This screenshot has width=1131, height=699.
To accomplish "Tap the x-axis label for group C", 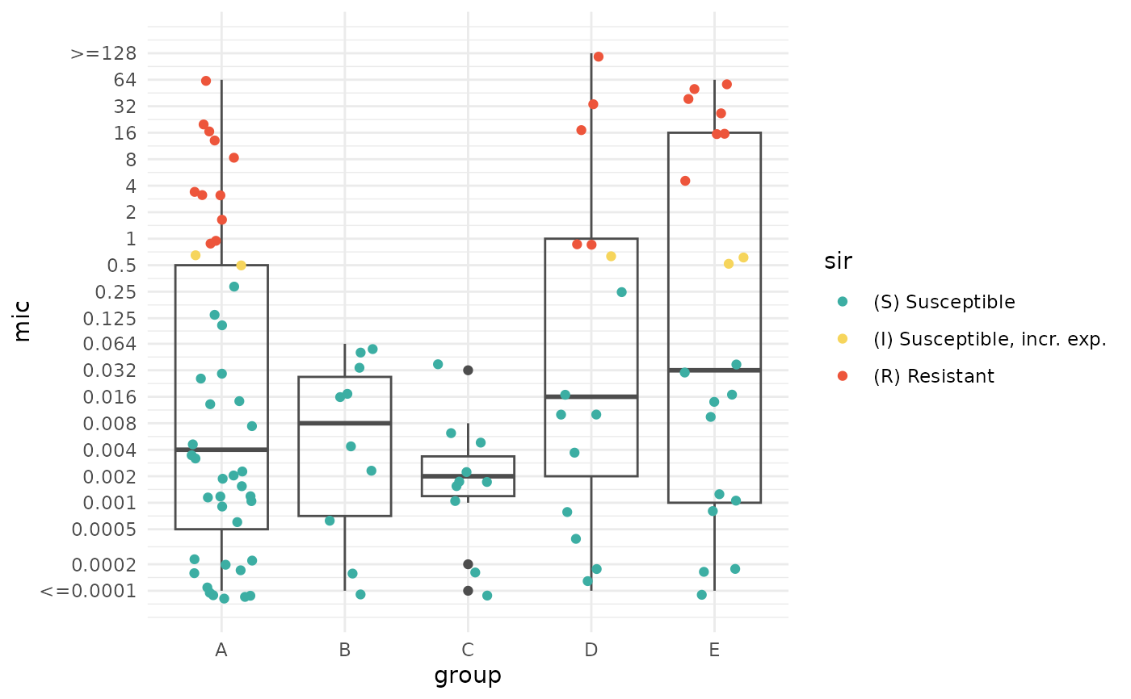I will tap(468, 650).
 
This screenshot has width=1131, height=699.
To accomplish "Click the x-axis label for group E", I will tap(714, 650).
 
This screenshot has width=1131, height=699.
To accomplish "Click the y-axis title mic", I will tap(23, 320).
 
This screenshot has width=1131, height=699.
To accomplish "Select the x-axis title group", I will tap(468, 676).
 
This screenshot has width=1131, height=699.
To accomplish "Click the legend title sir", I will tap(838, 261).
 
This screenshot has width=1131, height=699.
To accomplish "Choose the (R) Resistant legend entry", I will tap(933, 376).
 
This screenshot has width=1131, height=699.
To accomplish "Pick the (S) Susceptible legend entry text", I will tap(944, 302).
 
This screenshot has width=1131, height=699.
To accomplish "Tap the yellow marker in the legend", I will tap(843, 339).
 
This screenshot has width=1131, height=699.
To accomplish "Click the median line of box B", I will tap(345, 423).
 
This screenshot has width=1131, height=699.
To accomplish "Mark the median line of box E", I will tap(714, 370).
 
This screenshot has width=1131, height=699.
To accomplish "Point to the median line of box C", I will tap(468, 476).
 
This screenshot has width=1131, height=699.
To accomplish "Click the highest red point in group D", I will tap(599, 57).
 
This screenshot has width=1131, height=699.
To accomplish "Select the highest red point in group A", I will tap(206, 81).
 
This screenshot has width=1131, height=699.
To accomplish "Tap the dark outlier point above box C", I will tap(468, 370).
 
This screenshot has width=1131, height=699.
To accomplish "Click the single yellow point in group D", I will tap(611, 257).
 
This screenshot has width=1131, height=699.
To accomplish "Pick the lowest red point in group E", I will tap(685, 181).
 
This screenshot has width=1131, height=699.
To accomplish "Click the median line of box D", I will tap(591, 396).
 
